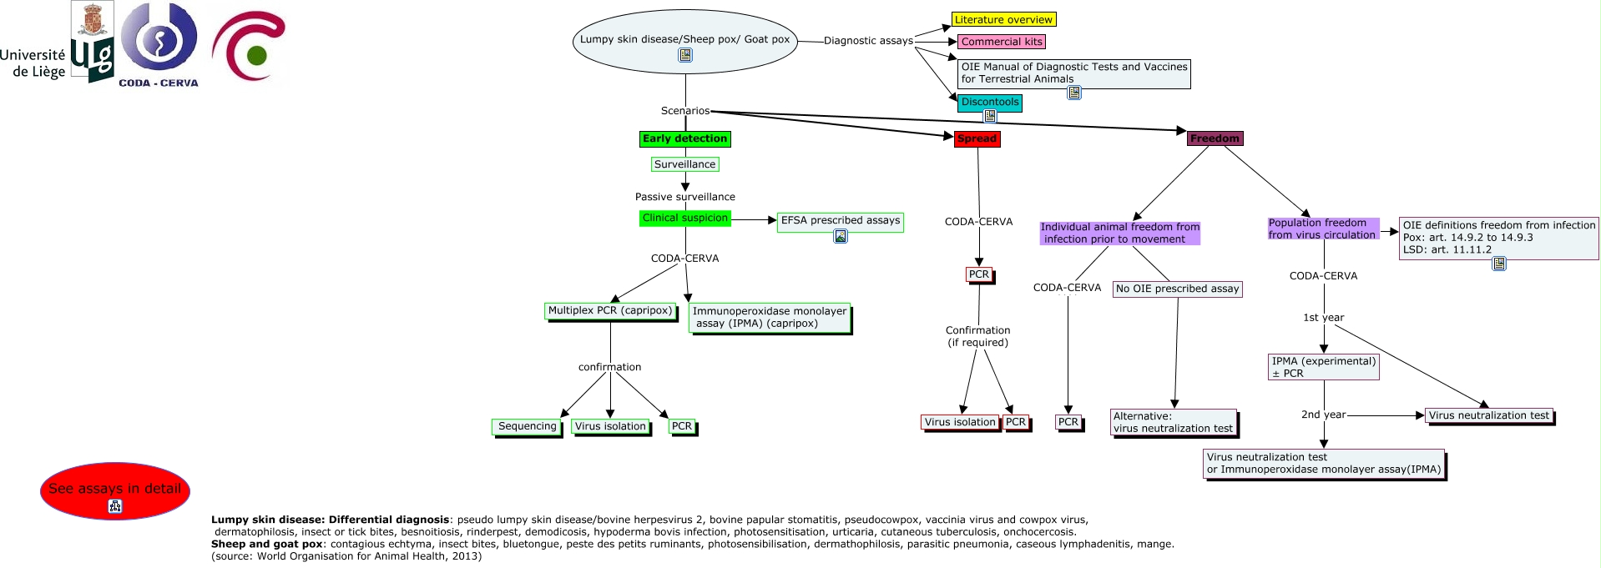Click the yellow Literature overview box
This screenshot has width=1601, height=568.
[1003, 19]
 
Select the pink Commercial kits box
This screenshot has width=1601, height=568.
[1002, 42]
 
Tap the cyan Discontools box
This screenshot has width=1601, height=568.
[990, 103]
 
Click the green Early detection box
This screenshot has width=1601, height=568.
[685, 138]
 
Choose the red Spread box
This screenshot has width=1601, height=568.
[977, 138]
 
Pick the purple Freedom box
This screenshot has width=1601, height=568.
[1215, 138]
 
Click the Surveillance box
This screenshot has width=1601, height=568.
[685, 164]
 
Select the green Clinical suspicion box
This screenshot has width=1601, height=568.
[685, 218]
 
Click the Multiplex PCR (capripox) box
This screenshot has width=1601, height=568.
[611, 311]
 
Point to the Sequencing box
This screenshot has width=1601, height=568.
[528, 427]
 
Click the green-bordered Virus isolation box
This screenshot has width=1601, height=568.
[611, 427]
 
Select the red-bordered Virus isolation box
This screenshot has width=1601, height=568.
[961, 423]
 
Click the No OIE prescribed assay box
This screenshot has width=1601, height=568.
[1178, 289]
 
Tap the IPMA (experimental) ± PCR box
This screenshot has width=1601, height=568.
[1324, 367]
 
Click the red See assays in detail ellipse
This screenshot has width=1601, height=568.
[115, 491]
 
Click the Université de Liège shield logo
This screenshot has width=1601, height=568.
[92, 42]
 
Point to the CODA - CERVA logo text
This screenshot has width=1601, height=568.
[159, 83]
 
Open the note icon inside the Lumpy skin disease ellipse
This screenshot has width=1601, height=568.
[685, 55]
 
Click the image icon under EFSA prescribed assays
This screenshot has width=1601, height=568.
[841, 236]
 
